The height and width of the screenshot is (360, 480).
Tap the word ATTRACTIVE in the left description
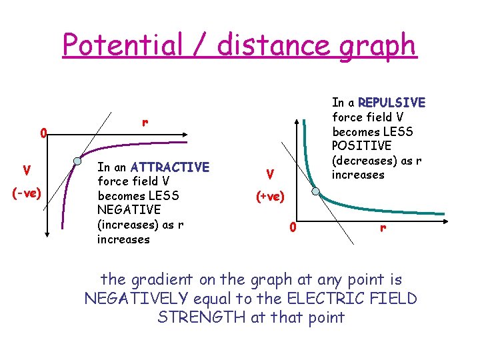tap(170, 167)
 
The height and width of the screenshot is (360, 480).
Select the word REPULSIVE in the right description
tap(391, 103)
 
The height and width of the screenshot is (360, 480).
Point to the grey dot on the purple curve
tap(77, 161)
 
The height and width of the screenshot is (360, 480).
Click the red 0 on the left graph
tap(42, 135)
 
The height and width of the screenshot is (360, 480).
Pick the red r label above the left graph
tap(144, 123)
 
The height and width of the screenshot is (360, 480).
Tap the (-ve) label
tap(27, 193)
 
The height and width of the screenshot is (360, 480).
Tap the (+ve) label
tap(269, 197)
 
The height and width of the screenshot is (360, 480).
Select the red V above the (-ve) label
tap(26, 171)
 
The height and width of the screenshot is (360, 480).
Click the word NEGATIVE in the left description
tap(129, 210)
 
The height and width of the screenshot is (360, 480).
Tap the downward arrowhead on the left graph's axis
tap(48, 235)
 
